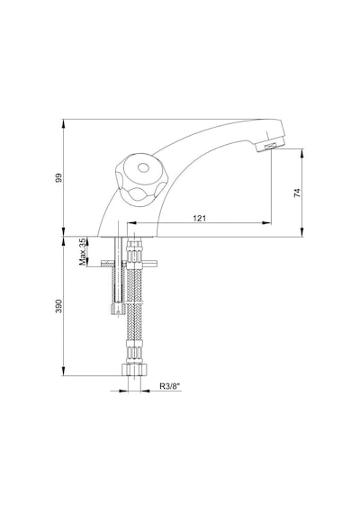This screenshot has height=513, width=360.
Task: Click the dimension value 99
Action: (58, 178)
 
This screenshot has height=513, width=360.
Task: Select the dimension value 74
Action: (297, 193)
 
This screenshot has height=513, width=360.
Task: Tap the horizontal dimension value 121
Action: (199, 218)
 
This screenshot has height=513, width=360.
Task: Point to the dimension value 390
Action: (58, 306)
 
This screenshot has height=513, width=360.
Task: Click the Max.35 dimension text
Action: (83, 251)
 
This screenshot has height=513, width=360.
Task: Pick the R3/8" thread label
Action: (170, 386)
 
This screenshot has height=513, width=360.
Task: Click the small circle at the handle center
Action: (143, 168)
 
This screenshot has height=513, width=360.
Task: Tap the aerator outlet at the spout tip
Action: (270, 147)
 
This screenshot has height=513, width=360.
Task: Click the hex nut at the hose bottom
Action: (134, 369)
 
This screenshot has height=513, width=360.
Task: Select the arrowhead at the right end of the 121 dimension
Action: (267, 223)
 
